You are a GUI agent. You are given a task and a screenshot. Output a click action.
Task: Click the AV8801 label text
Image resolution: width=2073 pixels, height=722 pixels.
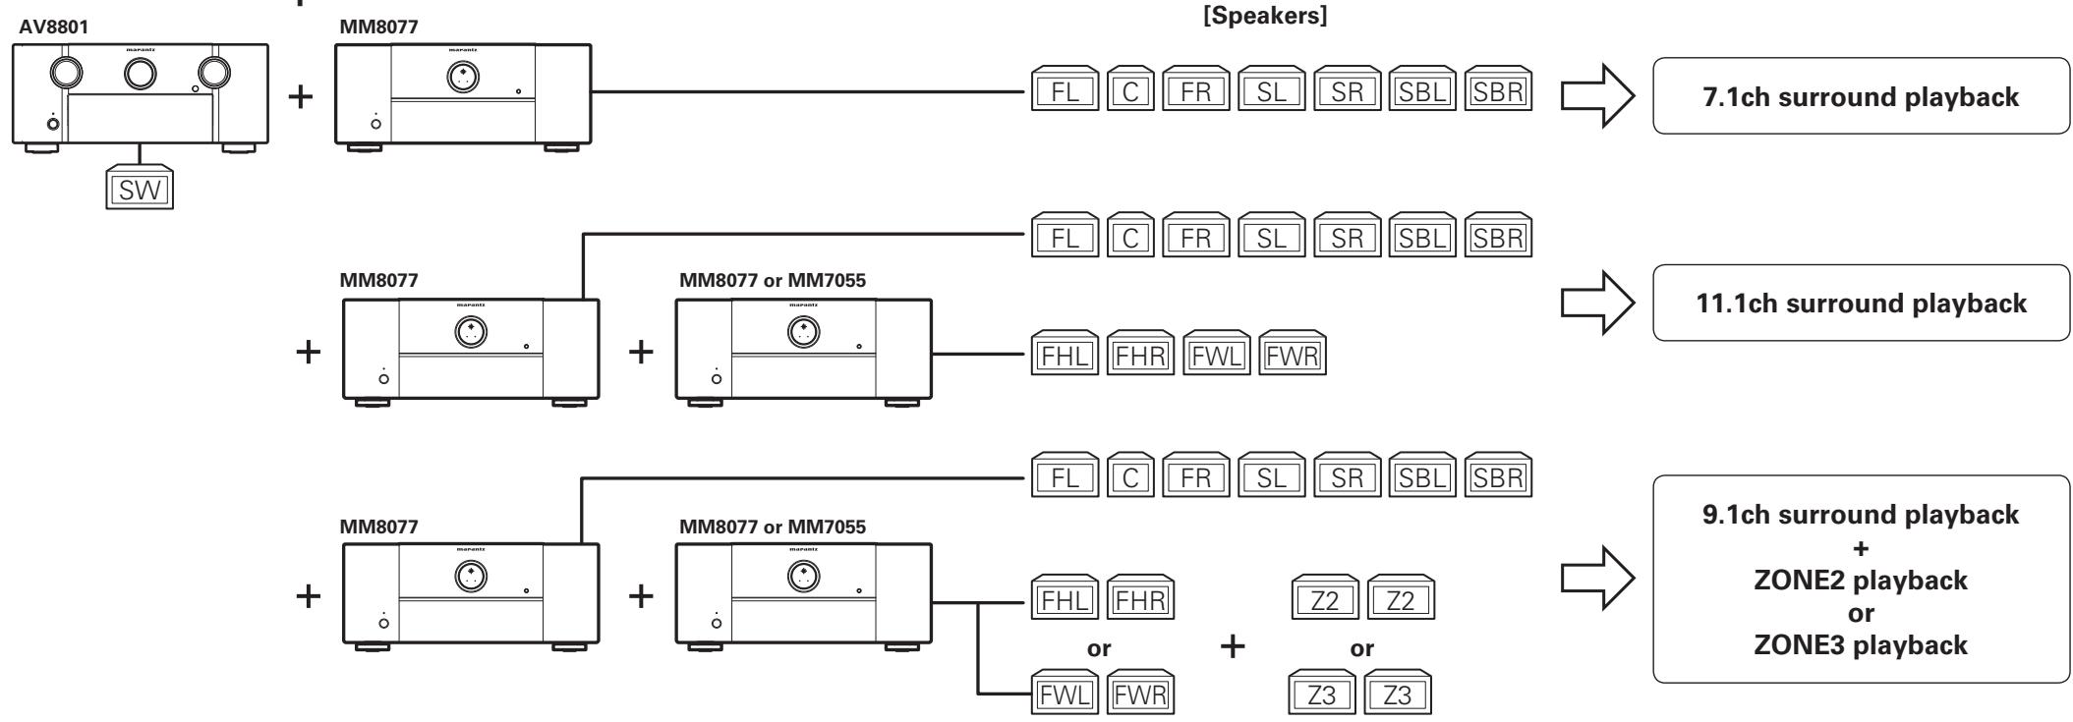(52, 28)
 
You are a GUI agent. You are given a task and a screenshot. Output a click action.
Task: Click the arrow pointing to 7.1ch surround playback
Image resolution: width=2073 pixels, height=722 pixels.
(1597, 96)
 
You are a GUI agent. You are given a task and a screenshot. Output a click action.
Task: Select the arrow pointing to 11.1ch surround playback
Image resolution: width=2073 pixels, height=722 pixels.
(1597, 303)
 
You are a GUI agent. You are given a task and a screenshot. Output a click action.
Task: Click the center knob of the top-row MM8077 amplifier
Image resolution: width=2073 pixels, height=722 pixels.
(463, 79)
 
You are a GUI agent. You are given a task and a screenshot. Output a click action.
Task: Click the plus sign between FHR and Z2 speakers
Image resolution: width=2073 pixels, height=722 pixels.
(1232, 646)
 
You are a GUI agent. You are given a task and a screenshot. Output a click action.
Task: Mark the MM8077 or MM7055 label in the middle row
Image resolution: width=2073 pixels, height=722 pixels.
(773, 280)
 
